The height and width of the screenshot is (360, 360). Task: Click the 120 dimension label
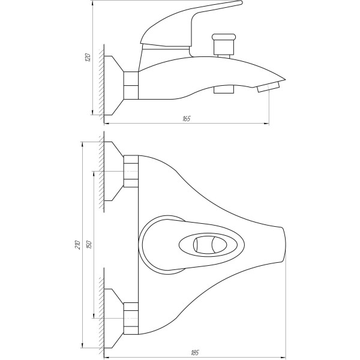point(88,58)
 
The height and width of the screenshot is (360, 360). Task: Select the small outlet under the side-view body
point(224,89)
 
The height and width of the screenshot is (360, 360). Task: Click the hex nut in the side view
point(131,85)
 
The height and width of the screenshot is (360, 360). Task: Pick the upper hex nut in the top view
point(131,172)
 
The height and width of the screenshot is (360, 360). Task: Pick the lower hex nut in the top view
point(131,317)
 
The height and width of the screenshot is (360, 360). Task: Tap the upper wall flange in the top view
point(113,172)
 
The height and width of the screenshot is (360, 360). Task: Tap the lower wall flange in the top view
point(113,317)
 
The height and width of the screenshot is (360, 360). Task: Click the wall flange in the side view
point(113,85)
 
